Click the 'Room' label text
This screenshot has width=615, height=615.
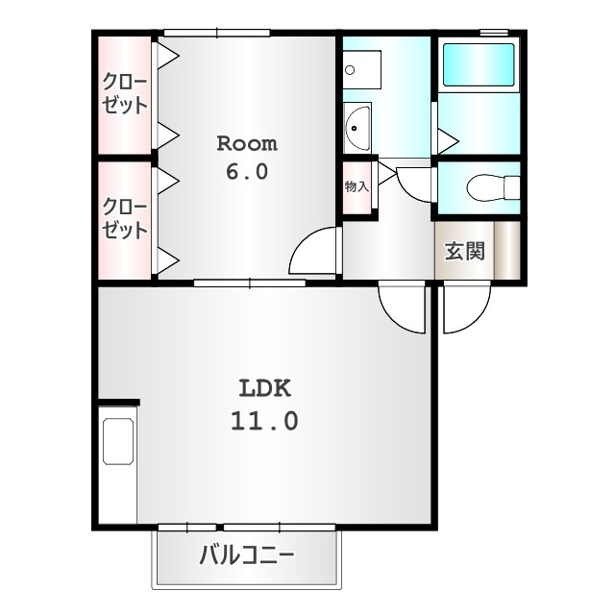tap(246, 144)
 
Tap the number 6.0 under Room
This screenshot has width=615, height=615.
tap(246, 173)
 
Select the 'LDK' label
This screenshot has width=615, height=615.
tap(264, 389)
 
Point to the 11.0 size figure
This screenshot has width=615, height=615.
tap(264, 420)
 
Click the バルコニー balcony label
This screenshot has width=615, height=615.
tap(247, 555)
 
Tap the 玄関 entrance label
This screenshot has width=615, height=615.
tap(463, 252)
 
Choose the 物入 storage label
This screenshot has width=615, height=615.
tap(357, 186)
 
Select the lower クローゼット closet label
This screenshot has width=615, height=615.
tap(125, 219)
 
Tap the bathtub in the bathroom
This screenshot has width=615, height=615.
tap(479, 65)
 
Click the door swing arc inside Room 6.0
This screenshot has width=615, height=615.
tap(315, 253)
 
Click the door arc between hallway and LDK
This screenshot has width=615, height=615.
tap(402, 307)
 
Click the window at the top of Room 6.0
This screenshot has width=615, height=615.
tap(216, 34)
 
